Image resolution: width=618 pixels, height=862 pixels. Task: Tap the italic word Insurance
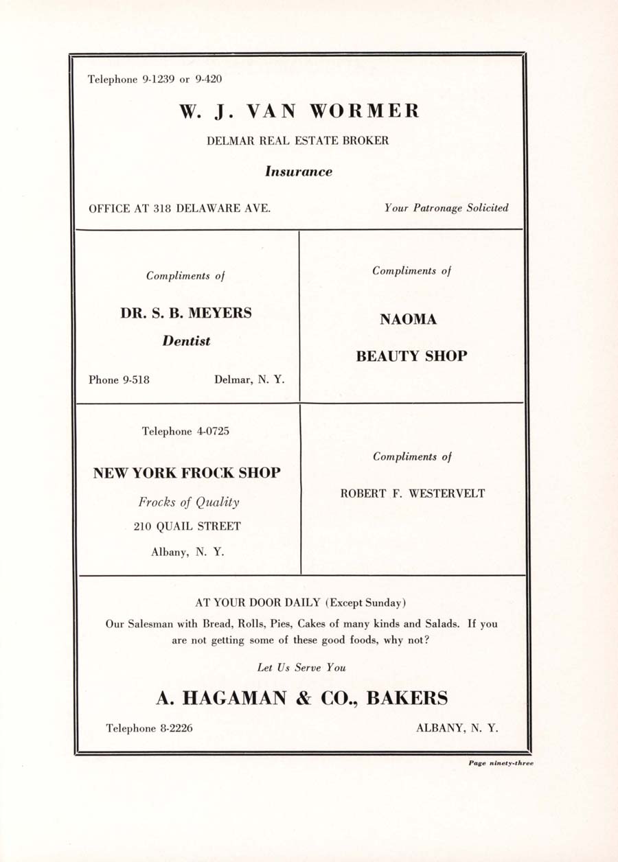(x=299, y=172)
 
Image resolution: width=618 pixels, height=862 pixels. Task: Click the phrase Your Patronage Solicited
(x=446, y=207)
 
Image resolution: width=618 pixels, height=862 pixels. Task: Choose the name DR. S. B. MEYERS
(x=186, y=313)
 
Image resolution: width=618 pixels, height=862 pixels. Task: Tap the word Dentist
(x=186, y=341)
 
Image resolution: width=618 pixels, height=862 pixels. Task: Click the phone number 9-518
(x=136, y=380)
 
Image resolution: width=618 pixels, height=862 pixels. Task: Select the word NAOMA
(x=409, y=320)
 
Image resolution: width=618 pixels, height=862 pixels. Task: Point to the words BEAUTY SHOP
(x=411, y=356)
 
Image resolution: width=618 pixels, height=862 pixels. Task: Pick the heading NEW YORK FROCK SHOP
(x=187, y=473)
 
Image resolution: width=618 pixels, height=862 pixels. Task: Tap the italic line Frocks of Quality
(x=189, y=502)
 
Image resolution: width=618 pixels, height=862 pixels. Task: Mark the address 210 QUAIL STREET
(x=187, y=526)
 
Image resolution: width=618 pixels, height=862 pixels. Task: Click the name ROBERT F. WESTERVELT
(x=413, y=493)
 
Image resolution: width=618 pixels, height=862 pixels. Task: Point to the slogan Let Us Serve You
(x=301, y=667)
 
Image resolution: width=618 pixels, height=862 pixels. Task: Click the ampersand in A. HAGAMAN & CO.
(x=303, y=699)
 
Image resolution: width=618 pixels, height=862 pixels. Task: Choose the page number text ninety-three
(x=511, y=762)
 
